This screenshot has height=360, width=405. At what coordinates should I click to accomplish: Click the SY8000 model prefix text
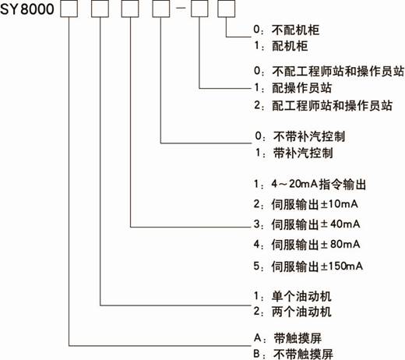point(27,9)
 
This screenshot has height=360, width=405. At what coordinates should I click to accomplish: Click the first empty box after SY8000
point(69,9)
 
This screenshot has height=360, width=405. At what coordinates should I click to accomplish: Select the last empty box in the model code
point(227,9)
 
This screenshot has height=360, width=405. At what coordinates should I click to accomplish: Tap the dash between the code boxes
point(181,8)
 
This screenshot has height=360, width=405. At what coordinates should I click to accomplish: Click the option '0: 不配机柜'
point(287,30)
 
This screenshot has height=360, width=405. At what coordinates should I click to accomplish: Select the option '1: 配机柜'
point(280,46)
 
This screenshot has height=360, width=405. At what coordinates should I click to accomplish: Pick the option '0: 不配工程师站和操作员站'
point(329,71)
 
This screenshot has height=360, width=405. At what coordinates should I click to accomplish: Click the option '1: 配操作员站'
point(293,88)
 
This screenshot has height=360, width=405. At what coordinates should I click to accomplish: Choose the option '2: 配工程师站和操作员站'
point(323,105)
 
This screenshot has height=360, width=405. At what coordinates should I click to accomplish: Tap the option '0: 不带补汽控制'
point(300,136)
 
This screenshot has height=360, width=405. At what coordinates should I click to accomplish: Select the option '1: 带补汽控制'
point(294,153)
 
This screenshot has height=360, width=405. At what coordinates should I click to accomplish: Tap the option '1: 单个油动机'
point(293,296)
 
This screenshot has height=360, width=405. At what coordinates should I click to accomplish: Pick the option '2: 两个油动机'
point(293,312)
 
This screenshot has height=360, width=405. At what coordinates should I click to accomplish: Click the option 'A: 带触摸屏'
point(287,338)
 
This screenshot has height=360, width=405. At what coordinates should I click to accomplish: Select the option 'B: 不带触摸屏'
point(294,354)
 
